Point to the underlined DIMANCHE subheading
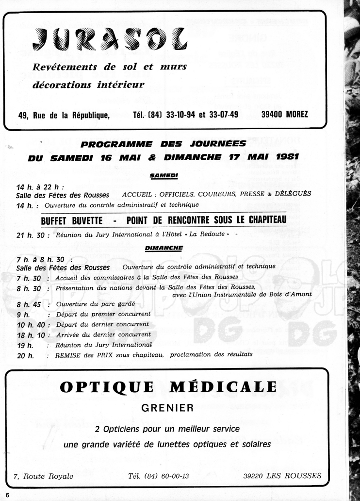pyautogui.click(x=164, y=248)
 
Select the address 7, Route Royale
pyautogui.click(x=44, y=476)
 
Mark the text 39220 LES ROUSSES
pyautogui.click(x=282, y=476)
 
